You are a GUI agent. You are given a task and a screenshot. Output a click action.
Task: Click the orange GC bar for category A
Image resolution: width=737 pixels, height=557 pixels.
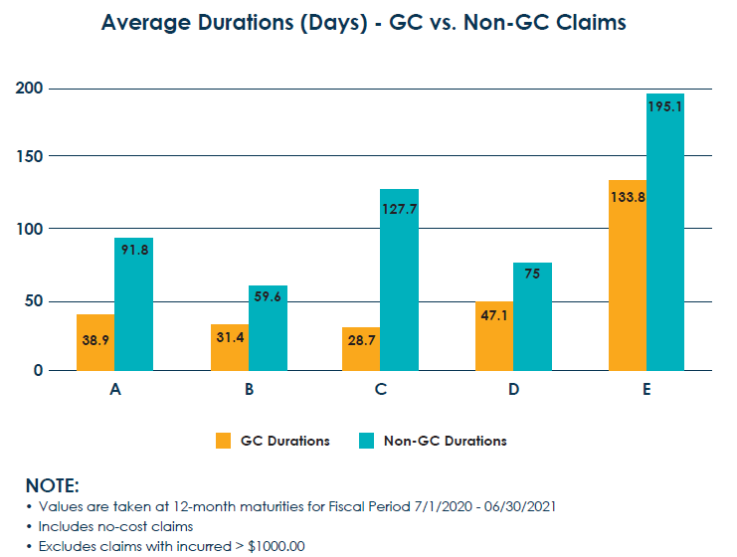(95, 343)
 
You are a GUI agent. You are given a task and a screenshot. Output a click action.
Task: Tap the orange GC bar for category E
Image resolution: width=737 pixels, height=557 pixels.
(627, 276)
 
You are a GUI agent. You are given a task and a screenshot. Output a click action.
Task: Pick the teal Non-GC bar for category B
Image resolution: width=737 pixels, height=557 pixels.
(268, 328)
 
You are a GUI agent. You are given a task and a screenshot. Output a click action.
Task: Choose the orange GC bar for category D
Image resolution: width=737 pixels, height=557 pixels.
(494, 336)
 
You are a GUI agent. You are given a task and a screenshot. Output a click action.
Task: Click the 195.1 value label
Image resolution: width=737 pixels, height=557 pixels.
(664, 106)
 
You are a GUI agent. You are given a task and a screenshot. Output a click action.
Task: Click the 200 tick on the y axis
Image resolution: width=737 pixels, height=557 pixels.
(29, 89)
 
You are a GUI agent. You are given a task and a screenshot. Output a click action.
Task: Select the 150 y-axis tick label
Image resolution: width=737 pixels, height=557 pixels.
(29, 157)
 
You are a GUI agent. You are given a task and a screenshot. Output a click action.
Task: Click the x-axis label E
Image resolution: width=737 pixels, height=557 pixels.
(645, 390)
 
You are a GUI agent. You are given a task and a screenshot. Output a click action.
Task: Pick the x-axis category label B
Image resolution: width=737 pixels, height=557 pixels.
(249, 390)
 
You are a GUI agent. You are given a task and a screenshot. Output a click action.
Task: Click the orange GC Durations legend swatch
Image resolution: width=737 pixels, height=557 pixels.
(223, 441)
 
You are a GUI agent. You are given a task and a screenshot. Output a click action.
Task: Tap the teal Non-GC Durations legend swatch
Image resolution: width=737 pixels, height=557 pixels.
(366, 441)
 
